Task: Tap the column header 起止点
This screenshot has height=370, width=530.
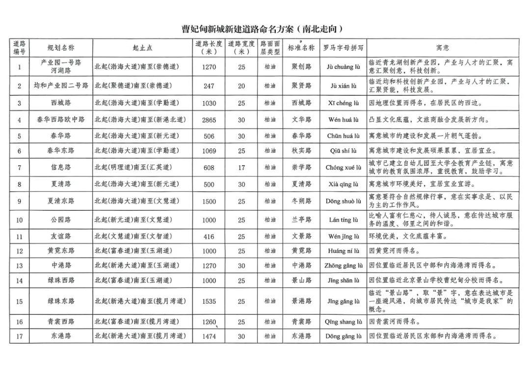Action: tap(142, 48)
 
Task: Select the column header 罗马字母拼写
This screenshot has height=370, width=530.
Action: tap(344, 48)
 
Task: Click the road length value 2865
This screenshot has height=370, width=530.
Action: tap(209, 119)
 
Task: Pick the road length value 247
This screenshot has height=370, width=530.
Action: tap(209, 86)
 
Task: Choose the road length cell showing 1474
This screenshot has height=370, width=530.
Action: tap(209, 337)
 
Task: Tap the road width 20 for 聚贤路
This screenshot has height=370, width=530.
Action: tap(241, 86)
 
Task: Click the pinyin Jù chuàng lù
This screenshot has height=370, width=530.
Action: tap(344, 67)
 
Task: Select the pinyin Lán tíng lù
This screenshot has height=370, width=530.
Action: tap(344, 220)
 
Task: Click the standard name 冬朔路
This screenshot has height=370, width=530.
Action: tap(301, 201)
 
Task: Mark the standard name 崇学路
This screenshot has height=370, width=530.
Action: tap(301, 168)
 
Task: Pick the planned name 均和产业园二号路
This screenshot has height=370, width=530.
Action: tap(61, 86)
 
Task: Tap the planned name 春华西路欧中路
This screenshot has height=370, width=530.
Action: tap(61, 119)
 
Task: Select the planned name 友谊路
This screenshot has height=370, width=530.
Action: tap(61, 236)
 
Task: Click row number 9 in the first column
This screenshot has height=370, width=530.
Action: tap(20, 201)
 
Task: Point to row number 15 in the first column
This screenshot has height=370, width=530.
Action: tap(20, 301)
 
